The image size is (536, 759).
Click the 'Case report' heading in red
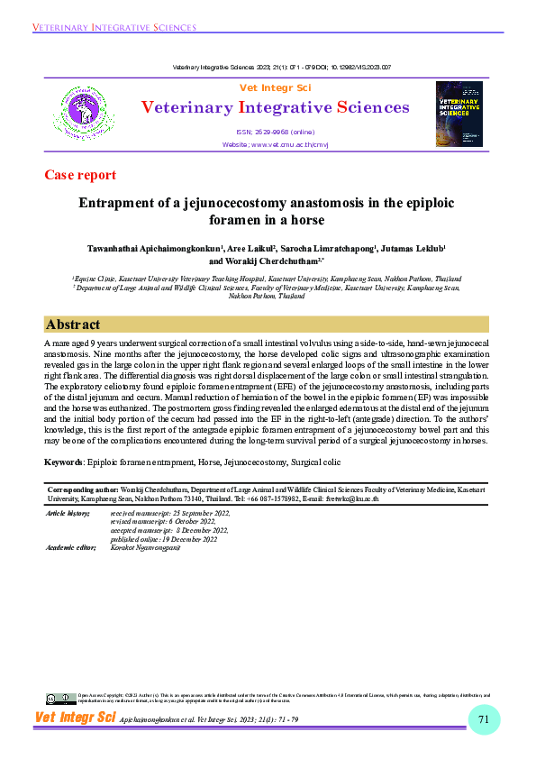click(x=80, y=175)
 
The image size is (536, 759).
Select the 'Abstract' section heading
click(x=73, y=325)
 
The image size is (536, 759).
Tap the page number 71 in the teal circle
click(x=484, y=718)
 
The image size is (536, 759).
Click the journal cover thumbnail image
click(x=459, y=114)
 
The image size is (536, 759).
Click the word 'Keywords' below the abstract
click(x=63, y=462)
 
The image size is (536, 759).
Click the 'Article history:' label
click(x=68, y=513)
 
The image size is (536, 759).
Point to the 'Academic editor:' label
click(x=70, y=547)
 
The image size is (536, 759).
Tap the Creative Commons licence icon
click(x=62, y=698)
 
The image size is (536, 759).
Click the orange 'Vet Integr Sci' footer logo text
click(x=76, y=718)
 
